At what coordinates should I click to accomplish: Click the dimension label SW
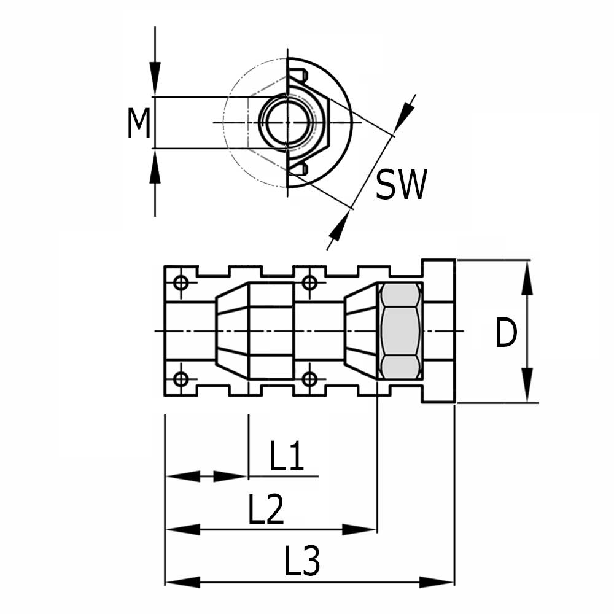point(400,185)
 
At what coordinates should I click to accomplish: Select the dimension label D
point(506,335)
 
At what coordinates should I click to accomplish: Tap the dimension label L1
point(287,457)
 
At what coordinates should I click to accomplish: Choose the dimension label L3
point(302,562)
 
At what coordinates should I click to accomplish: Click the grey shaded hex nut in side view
point(401,331)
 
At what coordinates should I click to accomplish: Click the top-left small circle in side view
point(181,282)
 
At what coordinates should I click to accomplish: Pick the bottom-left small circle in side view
point(181,379)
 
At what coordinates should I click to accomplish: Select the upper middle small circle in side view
point(309,282)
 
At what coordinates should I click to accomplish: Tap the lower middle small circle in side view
point(309,379)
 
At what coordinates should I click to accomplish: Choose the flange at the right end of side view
point(438,331)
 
